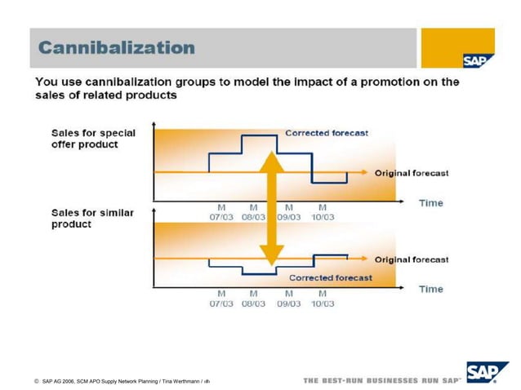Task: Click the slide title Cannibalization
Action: (x=118, y=47)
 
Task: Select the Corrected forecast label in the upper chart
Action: (x=327, y=133)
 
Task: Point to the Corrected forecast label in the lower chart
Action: (x=331, y=277)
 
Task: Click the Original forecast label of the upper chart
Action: (x=412, y=173)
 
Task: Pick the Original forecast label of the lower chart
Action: (x=412, y=259)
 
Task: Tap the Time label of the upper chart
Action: (x=430, y=202)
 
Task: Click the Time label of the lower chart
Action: (x=430, y=289)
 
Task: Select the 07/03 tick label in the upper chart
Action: (x=221, y=217)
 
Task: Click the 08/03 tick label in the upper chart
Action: (x=253, y=217)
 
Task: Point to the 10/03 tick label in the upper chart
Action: (x=322, y=217)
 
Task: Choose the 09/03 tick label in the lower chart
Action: (x=288, y=304)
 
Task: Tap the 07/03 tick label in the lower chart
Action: (x=221, y=304)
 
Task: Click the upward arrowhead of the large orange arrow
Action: (x=271, y=160)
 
